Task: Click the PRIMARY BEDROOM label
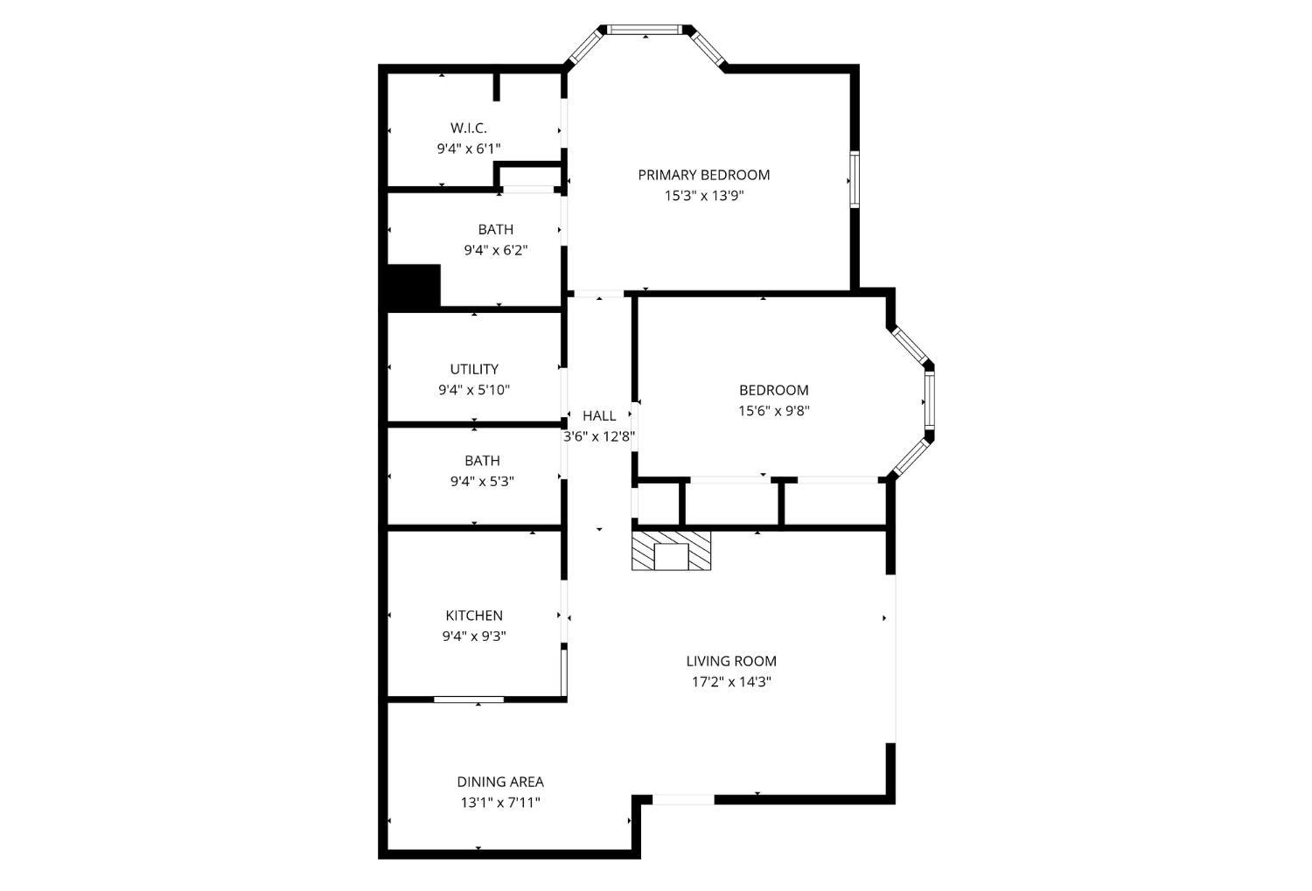click(x=703, y=175)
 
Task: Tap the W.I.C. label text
click(x=469, y=128)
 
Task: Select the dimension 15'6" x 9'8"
click(x=774, y=411)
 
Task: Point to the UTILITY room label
click(x=474, y=369)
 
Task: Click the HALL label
click(x=599, y=415)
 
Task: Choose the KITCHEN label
click(x=474, y=616)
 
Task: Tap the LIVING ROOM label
click(x=731, y=661)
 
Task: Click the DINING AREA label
click(x=500, y=782)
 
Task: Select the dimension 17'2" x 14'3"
click(x=731, y=682)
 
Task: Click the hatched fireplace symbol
click(x=671, y=550)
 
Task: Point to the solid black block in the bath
click(x=414, y=286)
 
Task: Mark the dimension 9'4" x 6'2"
click(x=496, y=251)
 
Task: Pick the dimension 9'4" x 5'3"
click(x=482, y=482)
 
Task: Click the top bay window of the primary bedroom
click(x=645, y=29)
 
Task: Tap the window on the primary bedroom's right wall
click(x=855, y=179)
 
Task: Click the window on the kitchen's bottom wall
click(x=469, y=699)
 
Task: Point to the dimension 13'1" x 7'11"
click(x=500, y=803)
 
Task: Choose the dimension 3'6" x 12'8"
click(x=599, y=436)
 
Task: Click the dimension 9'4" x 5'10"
click(x=474, y=390)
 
